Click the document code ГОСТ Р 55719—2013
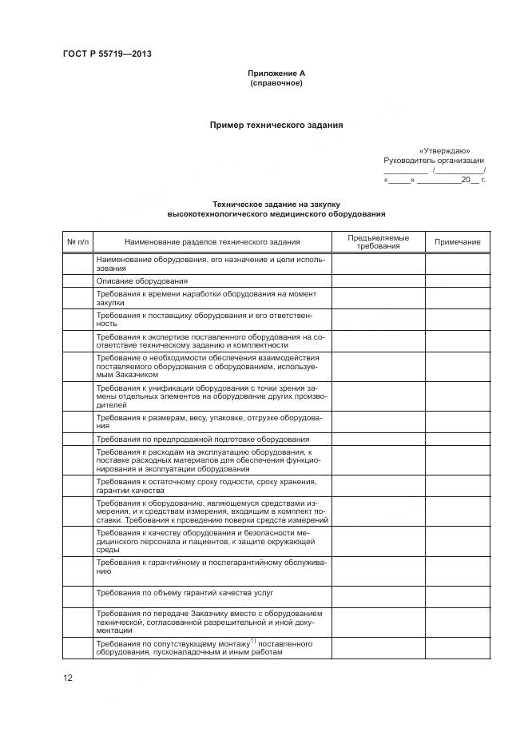[x=107, y=54]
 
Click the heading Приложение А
[x=276, y=74]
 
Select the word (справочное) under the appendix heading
[x=276, y=83]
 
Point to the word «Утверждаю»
[x=444, y=150]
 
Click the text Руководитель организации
[x=434, y=160]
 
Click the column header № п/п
[x=78, y=242]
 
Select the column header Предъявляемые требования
[x=378, y=242]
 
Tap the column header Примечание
[x=457, y=242]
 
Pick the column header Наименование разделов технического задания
[x=212, y=242]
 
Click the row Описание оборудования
[x=142, y=280]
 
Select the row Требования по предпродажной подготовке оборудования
[x=203, y=439]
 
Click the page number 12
[x=68, y=678]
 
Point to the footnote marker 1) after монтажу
[x=252, y=640]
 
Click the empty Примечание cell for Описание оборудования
[x=457, y=280]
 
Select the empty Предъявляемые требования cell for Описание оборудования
[x=378, y=280]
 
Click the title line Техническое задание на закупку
[x=276, y=205]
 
